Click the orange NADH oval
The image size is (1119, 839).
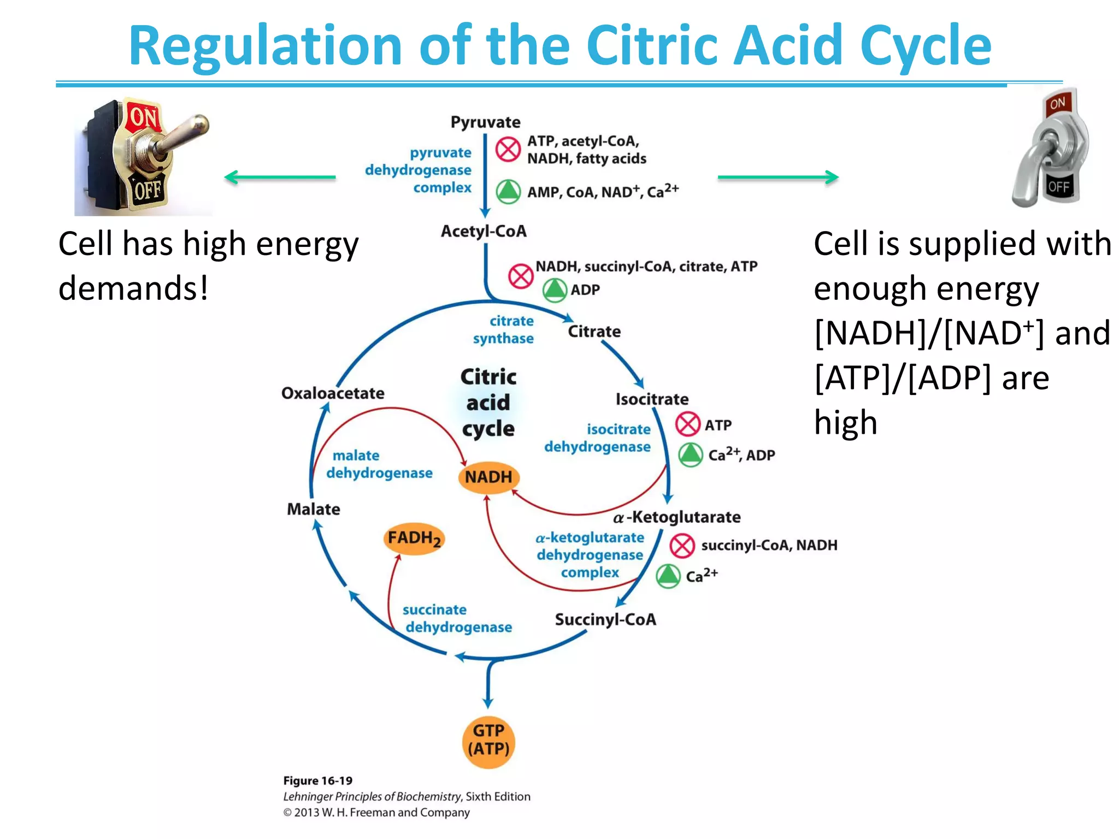point(488,477)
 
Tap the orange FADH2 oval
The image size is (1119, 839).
point(414,539)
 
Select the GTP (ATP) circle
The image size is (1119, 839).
point(488,741)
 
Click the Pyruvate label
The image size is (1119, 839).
point(485,122)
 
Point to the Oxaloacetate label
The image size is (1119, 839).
point(332,393)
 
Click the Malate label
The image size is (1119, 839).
point(313,509)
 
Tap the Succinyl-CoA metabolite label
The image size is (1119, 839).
point(605,619)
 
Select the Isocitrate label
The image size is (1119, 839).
point(652,399)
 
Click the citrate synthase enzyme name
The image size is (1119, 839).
point(504,330)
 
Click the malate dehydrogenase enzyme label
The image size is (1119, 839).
point(379,464)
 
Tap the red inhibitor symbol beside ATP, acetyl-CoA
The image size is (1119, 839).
point(508,149)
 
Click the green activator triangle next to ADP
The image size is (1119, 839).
point(555,290)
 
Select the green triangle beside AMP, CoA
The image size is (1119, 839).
point(508,192)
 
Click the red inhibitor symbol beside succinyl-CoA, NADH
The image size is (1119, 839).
point(682,546)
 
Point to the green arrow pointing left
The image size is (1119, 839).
point(280,177)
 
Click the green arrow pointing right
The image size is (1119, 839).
point(778,177)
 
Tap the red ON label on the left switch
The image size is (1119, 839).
point(143,118)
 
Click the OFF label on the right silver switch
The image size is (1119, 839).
point(1058,187)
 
